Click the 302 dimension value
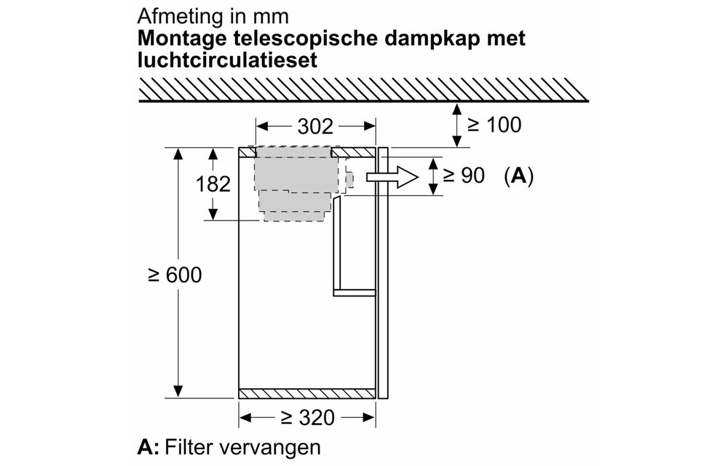click(x=315, y=126)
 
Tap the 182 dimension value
click(x=213, y=184)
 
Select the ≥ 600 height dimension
click(x=175, y=275)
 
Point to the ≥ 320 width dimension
click(x=307, y=418)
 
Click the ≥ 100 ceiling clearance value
click(x=494, y=125)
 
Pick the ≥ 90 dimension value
click(x=463, y=175)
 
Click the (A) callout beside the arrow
click(x=518, y=176)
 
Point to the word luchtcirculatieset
click(x=227, y=60)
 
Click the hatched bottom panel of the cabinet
click(x=307, y=394)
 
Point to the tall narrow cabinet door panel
click(x=383, y=273)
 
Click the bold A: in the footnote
click(x=148, y=448)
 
